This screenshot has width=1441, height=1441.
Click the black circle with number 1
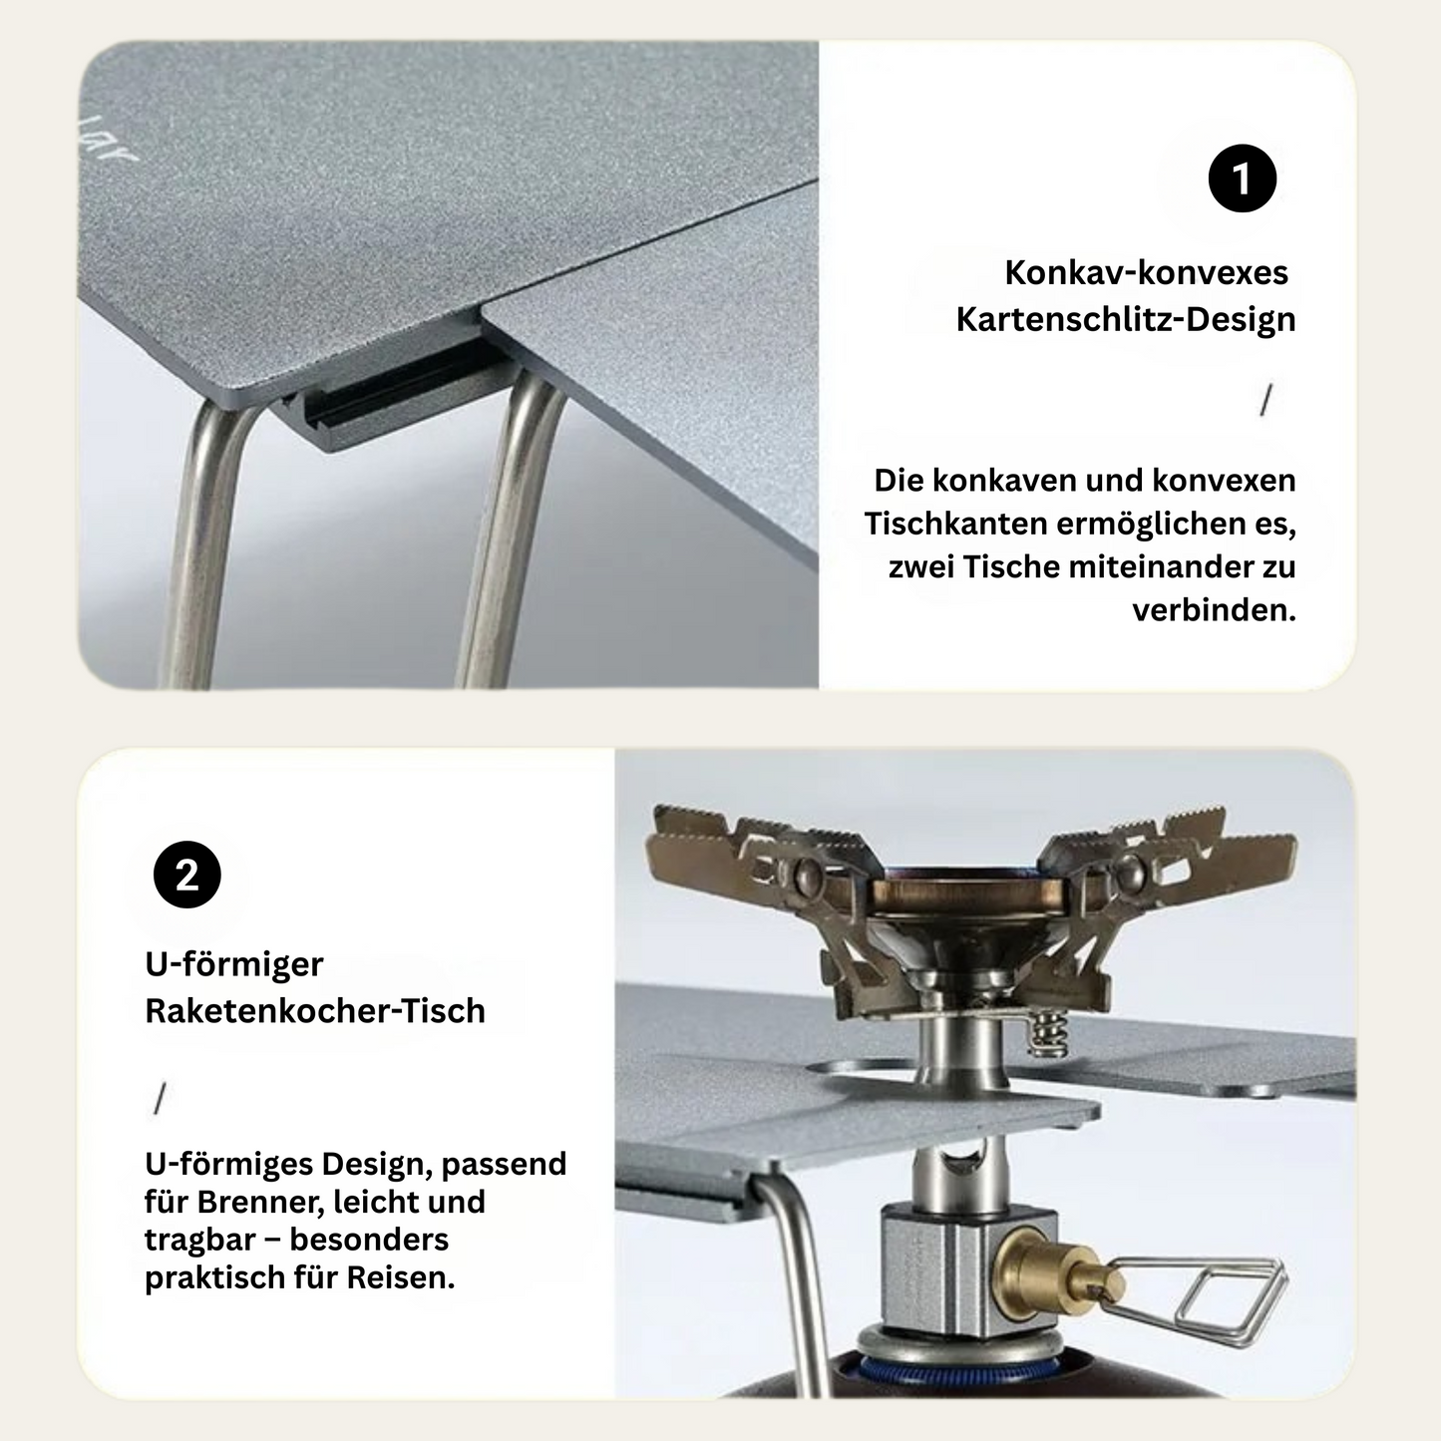coord(1242,180)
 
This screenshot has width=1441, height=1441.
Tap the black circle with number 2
coord(187,876)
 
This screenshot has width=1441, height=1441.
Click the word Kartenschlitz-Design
coord(1125,320)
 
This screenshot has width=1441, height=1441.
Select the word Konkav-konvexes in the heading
coord(1146,272)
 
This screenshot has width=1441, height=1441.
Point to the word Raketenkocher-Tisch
coord(315,1011)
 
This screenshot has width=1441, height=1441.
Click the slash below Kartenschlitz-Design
coord(1265,401)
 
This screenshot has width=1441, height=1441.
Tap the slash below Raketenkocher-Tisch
coord(159,1099)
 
